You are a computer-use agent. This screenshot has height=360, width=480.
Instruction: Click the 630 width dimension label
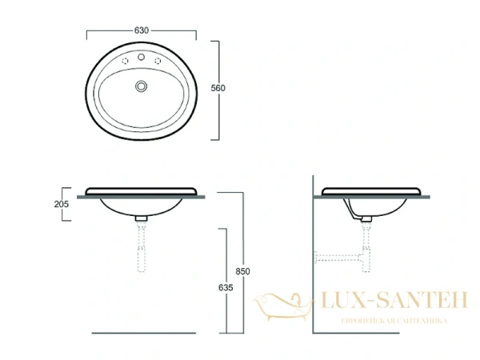pyautogui.click(x=141, y=30)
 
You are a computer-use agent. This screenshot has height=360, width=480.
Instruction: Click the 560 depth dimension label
pyautogui.click(x=231, y=89)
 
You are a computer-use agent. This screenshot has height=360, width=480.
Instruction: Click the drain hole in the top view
pyautogui.click(x=142, y=86)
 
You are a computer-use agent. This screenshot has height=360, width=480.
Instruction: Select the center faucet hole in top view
pyautogui.click(x=142, y=58)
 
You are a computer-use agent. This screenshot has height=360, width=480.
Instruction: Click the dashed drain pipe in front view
pyautogui.click(x=142, y=248)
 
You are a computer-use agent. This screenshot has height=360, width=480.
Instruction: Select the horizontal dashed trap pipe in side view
pyautogui.click(x=340, y=258)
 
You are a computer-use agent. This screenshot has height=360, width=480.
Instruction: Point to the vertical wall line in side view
pyautogui.click(x=310, y=264)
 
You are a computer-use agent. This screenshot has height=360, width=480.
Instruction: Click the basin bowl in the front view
pyautogui.click(x=141, y=207)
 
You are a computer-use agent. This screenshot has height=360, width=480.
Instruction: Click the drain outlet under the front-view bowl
pyautogui.click(x=142, y=218)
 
